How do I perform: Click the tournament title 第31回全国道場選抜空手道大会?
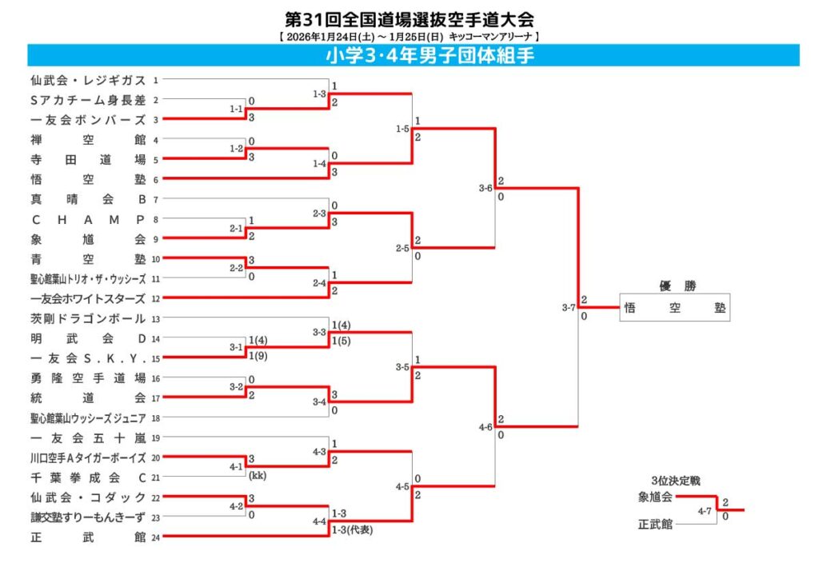coord(409,18)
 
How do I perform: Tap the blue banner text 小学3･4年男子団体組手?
coord(429,55)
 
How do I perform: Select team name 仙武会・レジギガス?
coord(88,80)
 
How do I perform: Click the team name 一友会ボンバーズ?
coord(88,120)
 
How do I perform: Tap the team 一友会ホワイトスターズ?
coord(88,299)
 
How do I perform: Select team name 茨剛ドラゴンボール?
coord(88,319)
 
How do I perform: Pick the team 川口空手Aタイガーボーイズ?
coord(88,458)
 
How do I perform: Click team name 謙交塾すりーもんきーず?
coord(88,517)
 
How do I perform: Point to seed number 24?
coord(156,537)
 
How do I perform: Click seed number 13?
coord(156,319)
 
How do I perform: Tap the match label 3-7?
coord(569,308)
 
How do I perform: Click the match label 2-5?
coord(402,249)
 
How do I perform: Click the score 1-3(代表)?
coord(352,530)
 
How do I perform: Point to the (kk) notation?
coord(257,476)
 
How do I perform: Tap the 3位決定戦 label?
coord(675,481)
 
